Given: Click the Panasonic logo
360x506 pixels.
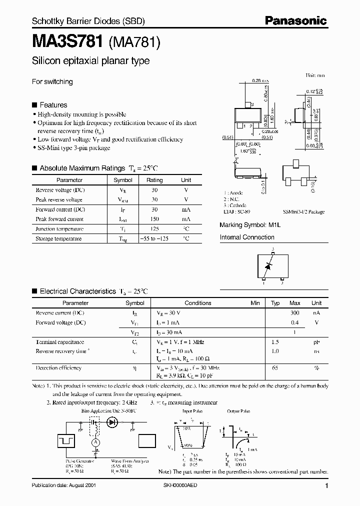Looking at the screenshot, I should [295, 20].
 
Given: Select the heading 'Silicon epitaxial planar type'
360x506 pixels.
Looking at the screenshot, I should [90, 61].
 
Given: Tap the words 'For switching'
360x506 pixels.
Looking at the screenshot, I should [52, 81].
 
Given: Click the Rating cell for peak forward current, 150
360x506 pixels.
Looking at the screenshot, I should [154, 219].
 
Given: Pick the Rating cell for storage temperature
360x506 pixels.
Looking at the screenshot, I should [154, 239].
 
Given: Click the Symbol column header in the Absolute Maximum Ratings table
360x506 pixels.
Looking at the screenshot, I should [123, 180].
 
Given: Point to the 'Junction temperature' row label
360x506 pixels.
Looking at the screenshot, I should [59, 229].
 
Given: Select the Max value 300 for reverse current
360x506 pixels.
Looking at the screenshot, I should [295, 313].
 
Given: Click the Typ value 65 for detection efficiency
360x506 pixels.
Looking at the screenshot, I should [275, 368].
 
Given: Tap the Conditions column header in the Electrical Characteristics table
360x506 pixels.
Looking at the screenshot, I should [198, 303].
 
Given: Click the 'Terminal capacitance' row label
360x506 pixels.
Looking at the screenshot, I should [59, 342].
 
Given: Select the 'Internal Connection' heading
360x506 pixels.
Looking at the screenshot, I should [247, 237].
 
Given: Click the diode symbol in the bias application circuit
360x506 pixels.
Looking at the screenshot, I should [112, 422].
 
